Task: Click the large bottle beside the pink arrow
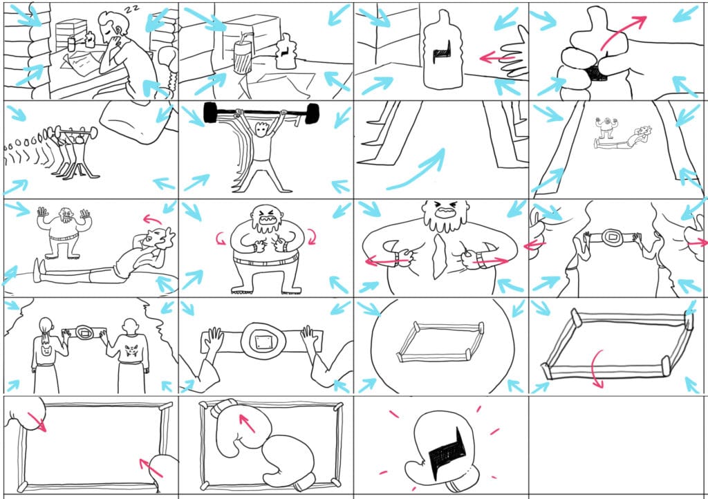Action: (x=442, y=52)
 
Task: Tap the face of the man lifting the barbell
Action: (x=260, y=130)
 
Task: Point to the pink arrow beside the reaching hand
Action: (x=496, y=57)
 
